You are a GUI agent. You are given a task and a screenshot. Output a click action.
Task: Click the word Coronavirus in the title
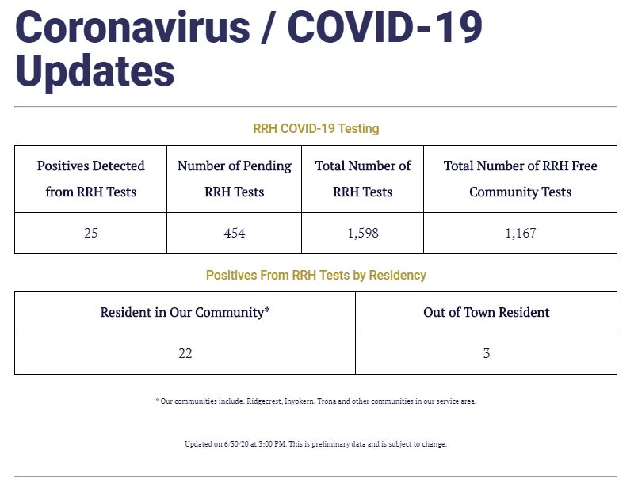[132, 27]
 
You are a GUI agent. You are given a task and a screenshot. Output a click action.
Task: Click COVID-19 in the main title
[385, 27]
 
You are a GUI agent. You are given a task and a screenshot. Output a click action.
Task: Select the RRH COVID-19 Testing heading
[316, 128]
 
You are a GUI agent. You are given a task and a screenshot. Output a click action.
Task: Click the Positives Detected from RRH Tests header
[90, 179]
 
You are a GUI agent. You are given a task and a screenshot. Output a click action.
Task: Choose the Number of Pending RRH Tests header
[235, 179]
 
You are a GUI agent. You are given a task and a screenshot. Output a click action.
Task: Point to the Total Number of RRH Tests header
[363, 179]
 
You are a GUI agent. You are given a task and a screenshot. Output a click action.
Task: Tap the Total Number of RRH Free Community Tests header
[521, 179]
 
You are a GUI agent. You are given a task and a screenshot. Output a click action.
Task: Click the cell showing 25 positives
[90, 233]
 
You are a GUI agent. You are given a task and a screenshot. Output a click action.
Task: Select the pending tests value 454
[235, 233]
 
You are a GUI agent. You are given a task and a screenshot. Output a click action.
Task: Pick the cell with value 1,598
[363, 233]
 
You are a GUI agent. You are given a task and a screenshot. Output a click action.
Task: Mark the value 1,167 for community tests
[521, 233]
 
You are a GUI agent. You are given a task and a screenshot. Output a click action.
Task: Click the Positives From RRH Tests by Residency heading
[316, 276]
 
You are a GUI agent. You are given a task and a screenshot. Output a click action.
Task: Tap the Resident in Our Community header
[185, 312]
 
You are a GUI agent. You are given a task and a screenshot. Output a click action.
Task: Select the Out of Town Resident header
[487, 312]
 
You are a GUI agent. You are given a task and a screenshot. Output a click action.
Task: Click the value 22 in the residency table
[185, 354]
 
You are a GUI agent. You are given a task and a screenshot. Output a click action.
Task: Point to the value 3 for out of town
[487, 354]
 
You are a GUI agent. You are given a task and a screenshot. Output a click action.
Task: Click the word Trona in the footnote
[327, 401]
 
